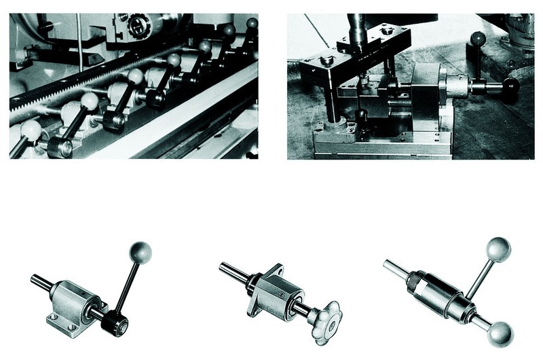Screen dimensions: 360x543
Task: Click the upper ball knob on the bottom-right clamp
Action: point(498,249)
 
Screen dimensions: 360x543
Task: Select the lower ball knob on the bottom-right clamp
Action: point(501,333)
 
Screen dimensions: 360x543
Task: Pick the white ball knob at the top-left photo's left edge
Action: point(31,130)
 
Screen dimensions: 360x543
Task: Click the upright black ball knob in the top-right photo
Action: point(478,39)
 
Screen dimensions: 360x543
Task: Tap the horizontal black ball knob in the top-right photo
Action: point(510,86)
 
